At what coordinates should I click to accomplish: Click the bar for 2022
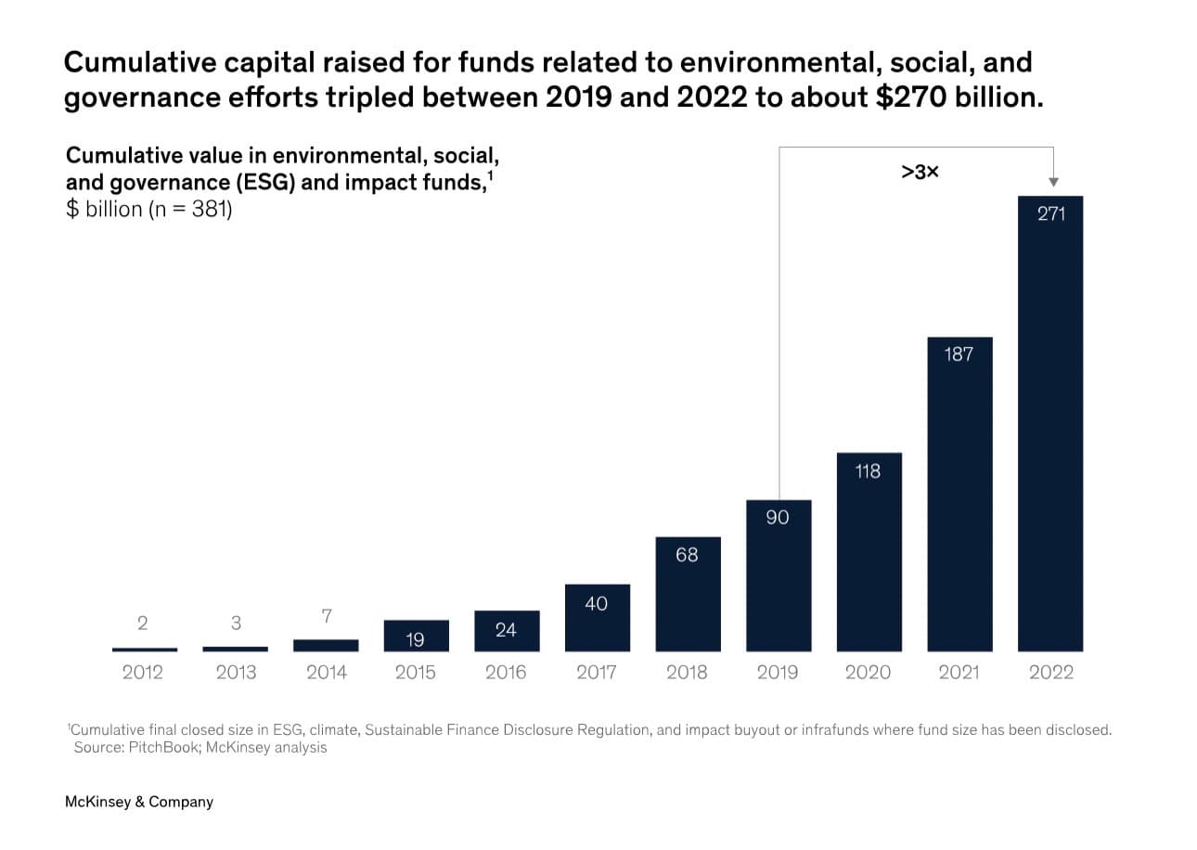[x=1050, y=424]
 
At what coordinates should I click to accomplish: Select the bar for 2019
[x=779, y=576]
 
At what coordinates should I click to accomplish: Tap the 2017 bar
[x=598, y=618]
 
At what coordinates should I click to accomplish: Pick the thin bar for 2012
[x=144, y=650]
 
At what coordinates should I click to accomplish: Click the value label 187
[x=959, y=354]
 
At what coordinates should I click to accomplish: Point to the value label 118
[x=868, y=471]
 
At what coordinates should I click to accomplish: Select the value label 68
[x=687, y=555]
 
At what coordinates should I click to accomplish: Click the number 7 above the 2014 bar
[x=327, y=616]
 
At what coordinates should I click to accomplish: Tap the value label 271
[x=1051, y=213]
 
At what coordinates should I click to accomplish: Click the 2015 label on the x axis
[x=415, y=672]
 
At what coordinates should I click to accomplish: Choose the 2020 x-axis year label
[x=868, y=672]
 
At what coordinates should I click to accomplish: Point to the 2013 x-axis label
[x=236, y=672]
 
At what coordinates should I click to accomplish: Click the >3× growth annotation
[x=920, y=172]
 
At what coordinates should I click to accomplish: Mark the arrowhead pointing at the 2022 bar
[x=1053, y=182]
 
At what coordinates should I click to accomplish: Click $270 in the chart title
[x=911, y=97]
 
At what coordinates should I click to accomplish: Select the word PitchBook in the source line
[x=164, y=747]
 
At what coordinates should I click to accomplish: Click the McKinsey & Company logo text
[x=139, y=802]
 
